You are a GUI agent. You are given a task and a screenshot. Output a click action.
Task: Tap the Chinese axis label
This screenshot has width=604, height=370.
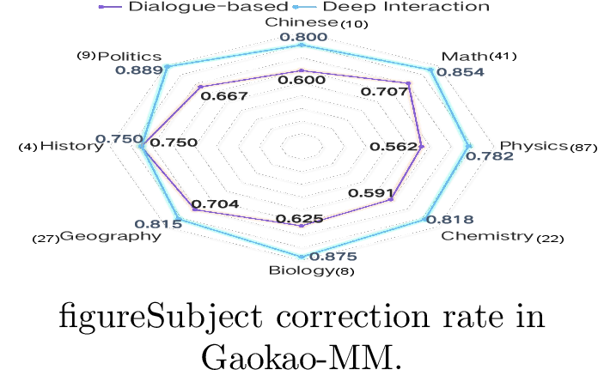click(x=302, y=22)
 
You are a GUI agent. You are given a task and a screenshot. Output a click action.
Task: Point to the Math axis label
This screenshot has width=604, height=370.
click(x=464, y=57)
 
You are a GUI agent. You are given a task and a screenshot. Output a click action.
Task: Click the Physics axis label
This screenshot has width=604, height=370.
click(x=534, y=146)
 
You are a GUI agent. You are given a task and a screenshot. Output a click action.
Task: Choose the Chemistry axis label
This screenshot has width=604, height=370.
click(x=487, y=235)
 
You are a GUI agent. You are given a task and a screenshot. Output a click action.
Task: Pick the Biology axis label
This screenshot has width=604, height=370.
click(x=302, y=270)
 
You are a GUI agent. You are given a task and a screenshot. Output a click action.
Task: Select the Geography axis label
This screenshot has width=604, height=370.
click(x=111, y=236)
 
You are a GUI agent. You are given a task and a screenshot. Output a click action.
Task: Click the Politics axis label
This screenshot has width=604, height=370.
click(x=130, y=57)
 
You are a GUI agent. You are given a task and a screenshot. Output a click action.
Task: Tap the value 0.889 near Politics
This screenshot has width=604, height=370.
click(x=139, y=70)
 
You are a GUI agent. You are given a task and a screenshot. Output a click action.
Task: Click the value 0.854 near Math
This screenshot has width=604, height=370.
click(x=461, y=72)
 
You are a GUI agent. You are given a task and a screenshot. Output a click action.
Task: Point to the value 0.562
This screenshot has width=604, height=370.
click(x=394, y=147)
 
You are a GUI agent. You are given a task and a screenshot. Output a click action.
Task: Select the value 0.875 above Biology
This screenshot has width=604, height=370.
click(x=333, y=257)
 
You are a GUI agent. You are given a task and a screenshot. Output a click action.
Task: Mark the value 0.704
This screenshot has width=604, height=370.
click(x=216, y=204)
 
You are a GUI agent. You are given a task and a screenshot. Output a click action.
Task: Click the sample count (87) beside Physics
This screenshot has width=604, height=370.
click(x=583, y=148)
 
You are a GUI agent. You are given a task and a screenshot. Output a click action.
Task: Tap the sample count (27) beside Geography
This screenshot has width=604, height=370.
click(x=46, y=239)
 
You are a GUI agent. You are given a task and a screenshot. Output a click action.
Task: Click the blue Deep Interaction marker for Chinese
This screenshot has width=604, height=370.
click(x=302, y=45)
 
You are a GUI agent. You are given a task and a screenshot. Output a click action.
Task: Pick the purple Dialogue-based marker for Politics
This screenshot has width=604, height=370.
click(x=200, y=87)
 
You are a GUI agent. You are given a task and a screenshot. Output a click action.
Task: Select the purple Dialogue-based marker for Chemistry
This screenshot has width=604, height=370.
click(x=391, y=199)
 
